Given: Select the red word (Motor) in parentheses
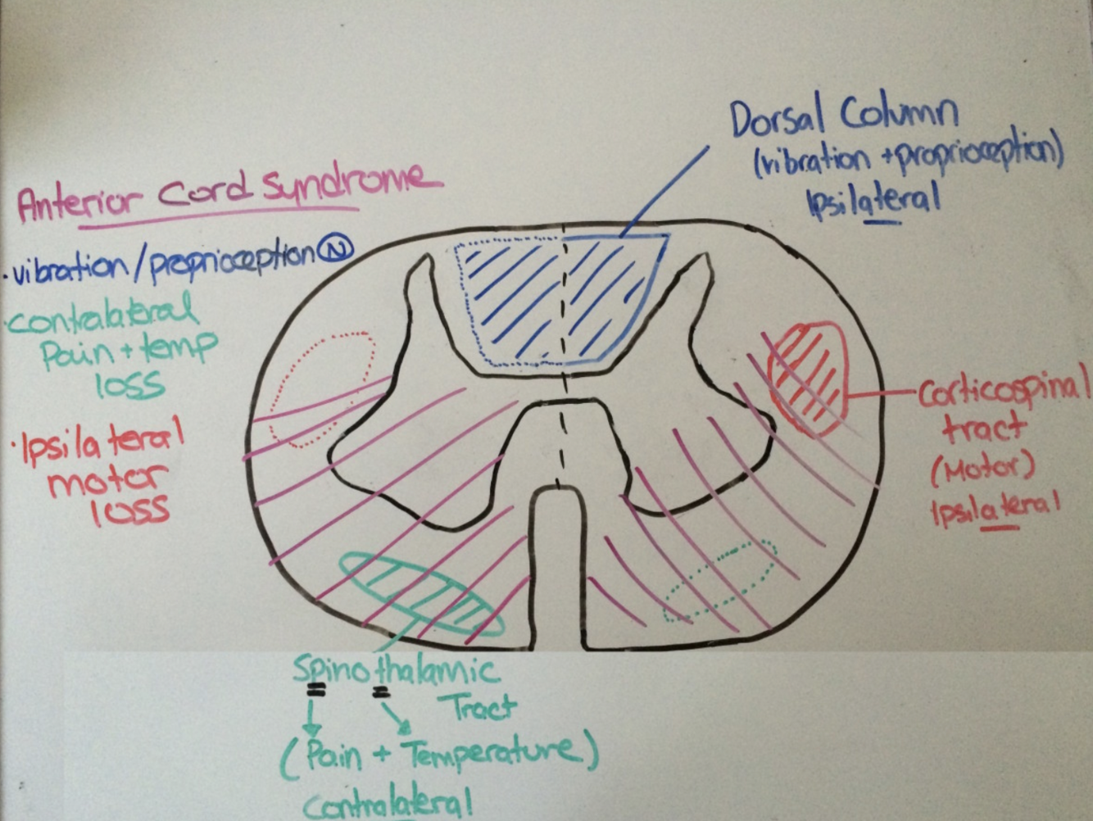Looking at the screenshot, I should point(982,469).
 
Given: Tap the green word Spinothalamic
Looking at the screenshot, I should point(395,671).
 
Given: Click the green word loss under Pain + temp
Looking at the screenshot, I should point(129,385).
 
